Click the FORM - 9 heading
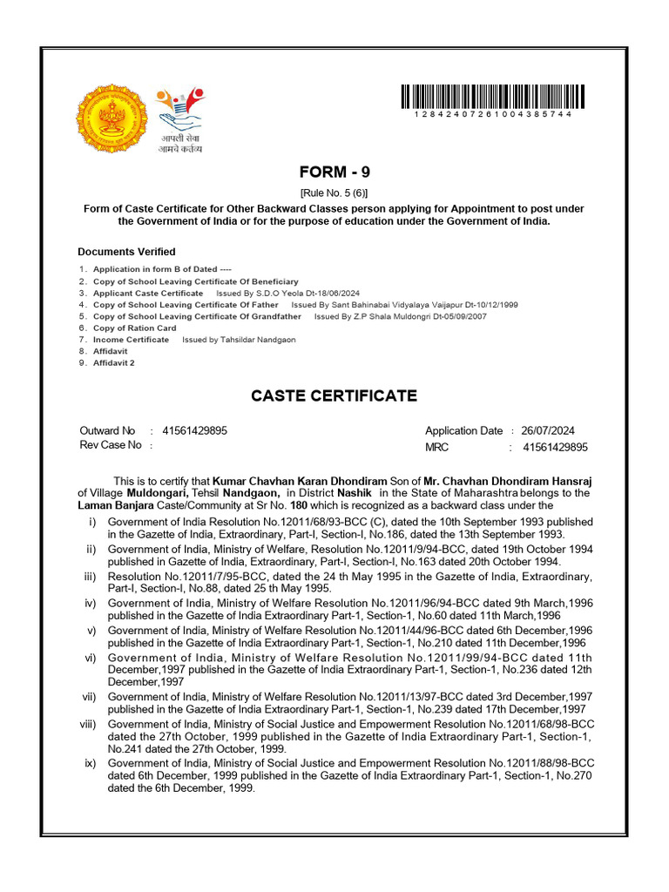click(x=334, y=172)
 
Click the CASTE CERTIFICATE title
click(x=334, y=396)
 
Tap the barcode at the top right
click(x=493, y=96)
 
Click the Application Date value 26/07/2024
click(x=549, y=430)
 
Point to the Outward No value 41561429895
click(x=195, y=430)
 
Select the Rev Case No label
click(x=110, y=445)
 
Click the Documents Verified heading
click(x=126, y=252)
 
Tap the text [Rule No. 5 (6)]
click(x=334, y=193)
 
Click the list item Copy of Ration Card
click(x=134, y=328)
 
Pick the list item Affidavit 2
click(x=114, y=362)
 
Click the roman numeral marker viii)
click(x=88, y=724)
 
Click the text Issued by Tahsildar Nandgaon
click(x=239, y=340)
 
